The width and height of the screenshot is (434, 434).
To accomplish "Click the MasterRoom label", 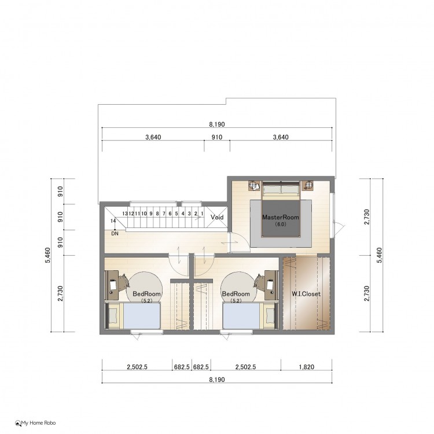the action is coord(281,217).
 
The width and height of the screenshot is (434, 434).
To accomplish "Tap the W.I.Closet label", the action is coord(306,293).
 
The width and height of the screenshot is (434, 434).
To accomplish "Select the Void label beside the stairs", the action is coord(217,217).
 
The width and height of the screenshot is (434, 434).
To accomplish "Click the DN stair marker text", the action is coord(115,234).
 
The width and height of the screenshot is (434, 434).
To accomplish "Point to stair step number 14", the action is coord(113,221).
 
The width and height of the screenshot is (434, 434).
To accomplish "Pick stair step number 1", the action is coord(203,214).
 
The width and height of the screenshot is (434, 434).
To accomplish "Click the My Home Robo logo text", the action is coord(38,423).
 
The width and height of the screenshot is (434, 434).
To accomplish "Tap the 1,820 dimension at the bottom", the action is coord(306,367).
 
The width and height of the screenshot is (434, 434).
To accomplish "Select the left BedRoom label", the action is coord(147,293).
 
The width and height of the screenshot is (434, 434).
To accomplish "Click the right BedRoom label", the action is coord(236,293).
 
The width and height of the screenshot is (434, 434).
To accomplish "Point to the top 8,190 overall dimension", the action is coord(217,124).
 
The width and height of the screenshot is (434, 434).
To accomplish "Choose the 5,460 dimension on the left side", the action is coord(47,255).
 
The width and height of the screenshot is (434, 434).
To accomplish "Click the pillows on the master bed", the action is coord(281,190).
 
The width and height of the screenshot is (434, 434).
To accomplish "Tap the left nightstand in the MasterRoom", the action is coord(255,185).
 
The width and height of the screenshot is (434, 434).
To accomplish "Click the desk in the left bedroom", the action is coord(113,285).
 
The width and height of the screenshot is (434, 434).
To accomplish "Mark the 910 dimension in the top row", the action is coord(217,137).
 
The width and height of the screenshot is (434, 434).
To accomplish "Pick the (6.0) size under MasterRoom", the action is coord(281,224).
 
